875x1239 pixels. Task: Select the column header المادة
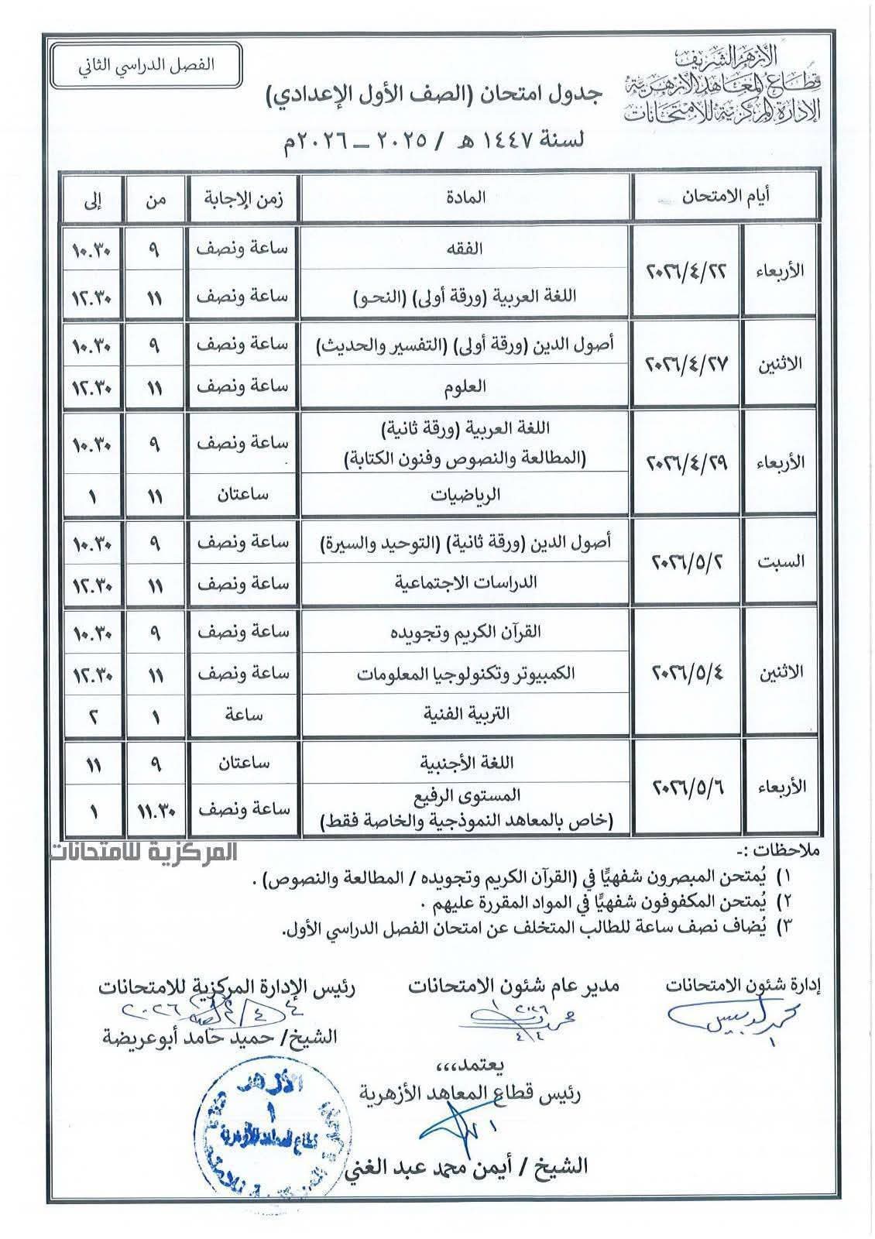[465, 197]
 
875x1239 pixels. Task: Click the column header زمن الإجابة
[242, 197]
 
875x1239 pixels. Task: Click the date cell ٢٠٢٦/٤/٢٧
[686, 365]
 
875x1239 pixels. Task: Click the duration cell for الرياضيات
[242, 494]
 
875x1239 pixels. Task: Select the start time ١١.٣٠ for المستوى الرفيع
[156, 810]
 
